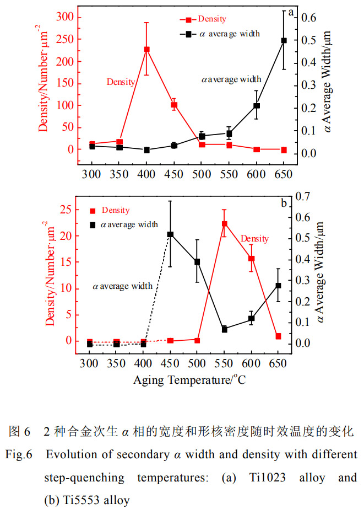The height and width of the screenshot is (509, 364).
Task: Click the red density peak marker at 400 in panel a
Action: [147, 50]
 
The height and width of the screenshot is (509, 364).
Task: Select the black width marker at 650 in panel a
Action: [284, 40]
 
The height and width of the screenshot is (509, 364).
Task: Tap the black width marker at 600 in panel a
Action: [257, 105]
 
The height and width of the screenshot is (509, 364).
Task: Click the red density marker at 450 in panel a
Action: [174, 105]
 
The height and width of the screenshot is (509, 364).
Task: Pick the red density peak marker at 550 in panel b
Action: [225, 224]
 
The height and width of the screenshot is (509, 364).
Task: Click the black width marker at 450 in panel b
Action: [170, 234]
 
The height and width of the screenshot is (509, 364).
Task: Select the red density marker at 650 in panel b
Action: [279, 336]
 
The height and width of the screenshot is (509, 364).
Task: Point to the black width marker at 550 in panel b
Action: [225, 329]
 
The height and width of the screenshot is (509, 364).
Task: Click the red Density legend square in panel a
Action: [189, 20]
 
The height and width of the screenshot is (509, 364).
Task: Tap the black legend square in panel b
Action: [93, 224]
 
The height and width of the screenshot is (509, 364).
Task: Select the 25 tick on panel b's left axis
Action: [65, 210]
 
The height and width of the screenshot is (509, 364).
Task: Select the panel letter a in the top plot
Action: [291, 11]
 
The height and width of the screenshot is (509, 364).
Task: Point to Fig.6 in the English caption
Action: [20, 456]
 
